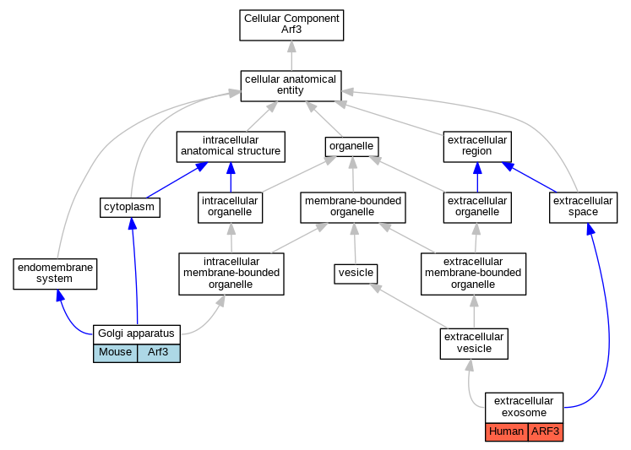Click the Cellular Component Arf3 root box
pos(291,25)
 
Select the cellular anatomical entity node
pos(291,86)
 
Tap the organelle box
pos(351,147)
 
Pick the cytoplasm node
pos(129,208)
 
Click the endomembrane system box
pos(55,274)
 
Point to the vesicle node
pos(356,274)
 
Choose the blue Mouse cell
pos(116,353)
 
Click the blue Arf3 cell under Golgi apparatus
pos(159,353)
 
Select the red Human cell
pos(507,432)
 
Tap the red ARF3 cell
pos(546,432)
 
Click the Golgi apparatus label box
pos(137,334)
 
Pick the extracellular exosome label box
pos(524,408)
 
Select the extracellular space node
pos(583,208)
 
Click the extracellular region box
pos(477,147)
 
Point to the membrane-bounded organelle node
pos(353,208)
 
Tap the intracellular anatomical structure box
pos(231,147)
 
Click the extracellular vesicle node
pos(474,344)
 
